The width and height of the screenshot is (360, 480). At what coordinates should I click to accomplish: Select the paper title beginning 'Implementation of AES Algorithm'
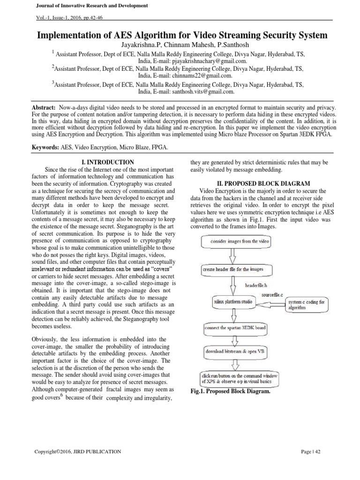tap(180, 35)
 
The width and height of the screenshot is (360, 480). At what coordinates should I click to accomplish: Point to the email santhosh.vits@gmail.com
tap(202, 92)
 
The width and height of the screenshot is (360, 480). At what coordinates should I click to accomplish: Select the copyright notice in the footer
tap(78, 452)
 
